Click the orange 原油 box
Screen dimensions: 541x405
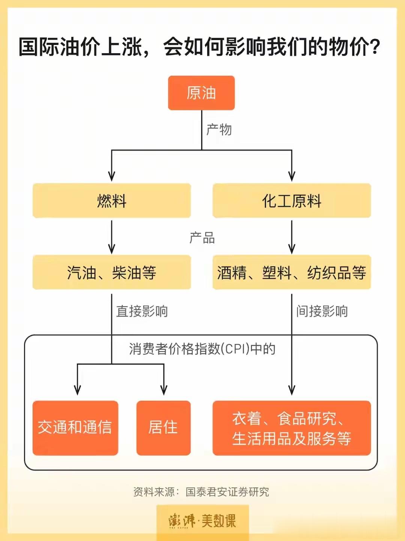click(201, 93)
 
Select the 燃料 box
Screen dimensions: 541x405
click(112, 201)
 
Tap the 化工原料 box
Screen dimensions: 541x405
click(292, 201)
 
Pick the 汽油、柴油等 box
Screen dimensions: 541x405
click(112, 272)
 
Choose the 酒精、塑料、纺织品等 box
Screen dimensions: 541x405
click(292, 272)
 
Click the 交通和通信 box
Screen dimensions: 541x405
click(75, 428)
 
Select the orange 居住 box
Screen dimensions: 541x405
click(163, 428)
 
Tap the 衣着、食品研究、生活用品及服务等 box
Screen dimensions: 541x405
click(292, 428)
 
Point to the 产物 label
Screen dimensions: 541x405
click(219, 130)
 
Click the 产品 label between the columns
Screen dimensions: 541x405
click(202, 238)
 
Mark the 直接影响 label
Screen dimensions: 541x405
click(142, 311)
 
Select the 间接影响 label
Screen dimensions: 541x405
click(322, 311)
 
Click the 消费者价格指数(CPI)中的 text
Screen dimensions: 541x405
click(202, 349)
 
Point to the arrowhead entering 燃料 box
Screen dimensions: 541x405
click(112, 176)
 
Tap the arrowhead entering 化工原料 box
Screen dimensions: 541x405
click(292, 176)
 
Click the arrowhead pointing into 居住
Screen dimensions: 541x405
click(164, 390)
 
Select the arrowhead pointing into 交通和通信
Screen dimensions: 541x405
click(78, 390)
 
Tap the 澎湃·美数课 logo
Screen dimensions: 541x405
click(202, 521)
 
